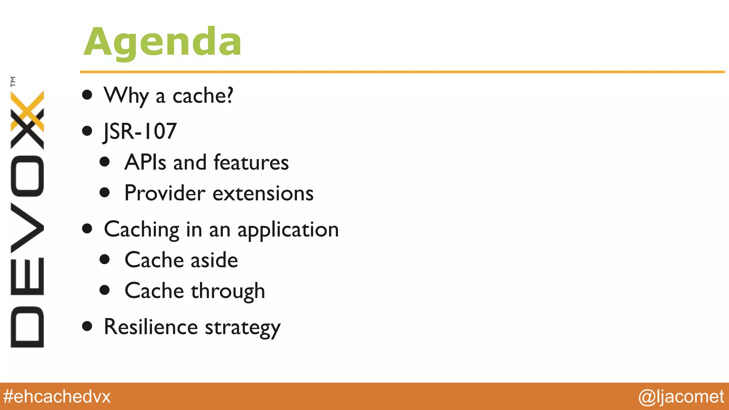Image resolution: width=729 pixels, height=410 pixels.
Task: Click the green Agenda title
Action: [x=163, y=42]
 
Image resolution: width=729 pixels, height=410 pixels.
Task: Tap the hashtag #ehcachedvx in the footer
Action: [x=57, y=396]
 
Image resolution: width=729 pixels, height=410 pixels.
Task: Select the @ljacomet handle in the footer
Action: [x=681, y=396]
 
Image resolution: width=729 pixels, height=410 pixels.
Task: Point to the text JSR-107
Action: [x=140, y=131]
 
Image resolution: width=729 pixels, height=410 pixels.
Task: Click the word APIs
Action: [x=145, y=162]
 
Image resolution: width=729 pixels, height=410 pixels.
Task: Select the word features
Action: [x=251, y=162]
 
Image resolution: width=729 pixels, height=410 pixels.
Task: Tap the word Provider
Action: [x=165, y=193]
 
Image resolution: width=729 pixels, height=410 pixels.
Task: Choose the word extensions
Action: [x=263, y=193]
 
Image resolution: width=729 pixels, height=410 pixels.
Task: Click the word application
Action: [x=288, y=230]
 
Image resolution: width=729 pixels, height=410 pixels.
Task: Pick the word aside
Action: [x=214, y=260]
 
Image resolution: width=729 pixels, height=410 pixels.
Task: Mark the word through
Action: [x=228, y=291]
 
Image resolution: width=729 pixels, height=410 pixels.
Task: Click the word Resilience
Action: [x=151, y=327]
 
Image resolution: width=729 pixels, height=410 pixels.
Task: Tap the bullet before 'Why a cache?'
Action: [x=87, y=95]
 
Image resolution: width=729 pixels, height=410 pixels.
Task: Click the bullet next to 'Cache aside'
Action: [x=105, y=259]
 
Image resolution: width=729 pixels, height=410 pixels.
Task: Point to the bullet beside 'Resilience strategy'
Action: [x=87, y=326]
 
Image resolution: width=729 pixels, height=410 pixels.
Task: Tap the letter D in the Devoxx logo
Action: [x=27, y=327]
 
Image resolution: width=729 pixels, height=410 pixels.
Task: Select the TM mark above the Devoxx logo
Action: [x=13, y=82]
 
